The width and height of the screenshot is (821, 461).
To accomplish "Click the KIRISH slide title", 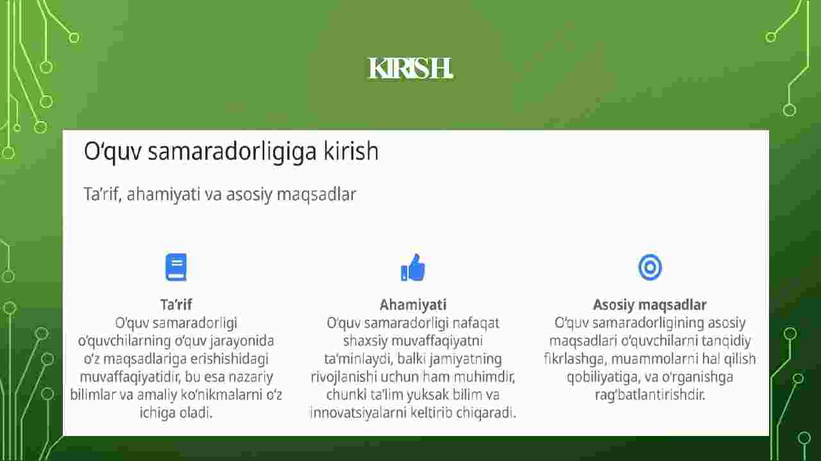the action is pyautogui.click(x=410, y=69).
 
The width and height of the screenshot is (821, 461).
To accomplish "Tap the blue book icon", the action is pyautogui.click(x=176, y=267).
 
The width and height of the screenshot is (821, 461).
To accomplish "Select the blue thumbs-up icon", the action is pyautogui.click(x=412, y=267).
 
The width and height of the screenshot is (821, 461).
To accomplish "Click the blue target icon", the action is pyautogui.click(x=650, y=267).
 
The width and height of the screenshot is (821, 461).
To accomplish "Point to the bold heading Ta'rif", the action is pyautogui.click(x=176, y=305).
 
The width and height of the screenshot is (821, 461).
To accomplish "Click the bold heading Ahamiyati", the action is pyautogui.click(x=413, y=305).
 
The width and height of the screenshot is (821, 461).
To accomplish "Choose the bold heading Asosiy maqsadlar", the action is pyautogui.click(x=650, y=305).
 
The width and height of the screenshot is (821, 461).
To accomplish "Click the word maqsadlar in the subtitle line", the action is pyautogui.click(x=316, y=194).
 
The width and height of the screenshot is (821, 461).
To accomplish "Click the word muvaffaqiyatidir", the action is pyautogui.click(x=130, y=377).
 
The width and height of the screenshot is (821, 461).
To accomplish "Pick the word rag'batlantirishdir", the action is pyautogui.click(x=650, y=395).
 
